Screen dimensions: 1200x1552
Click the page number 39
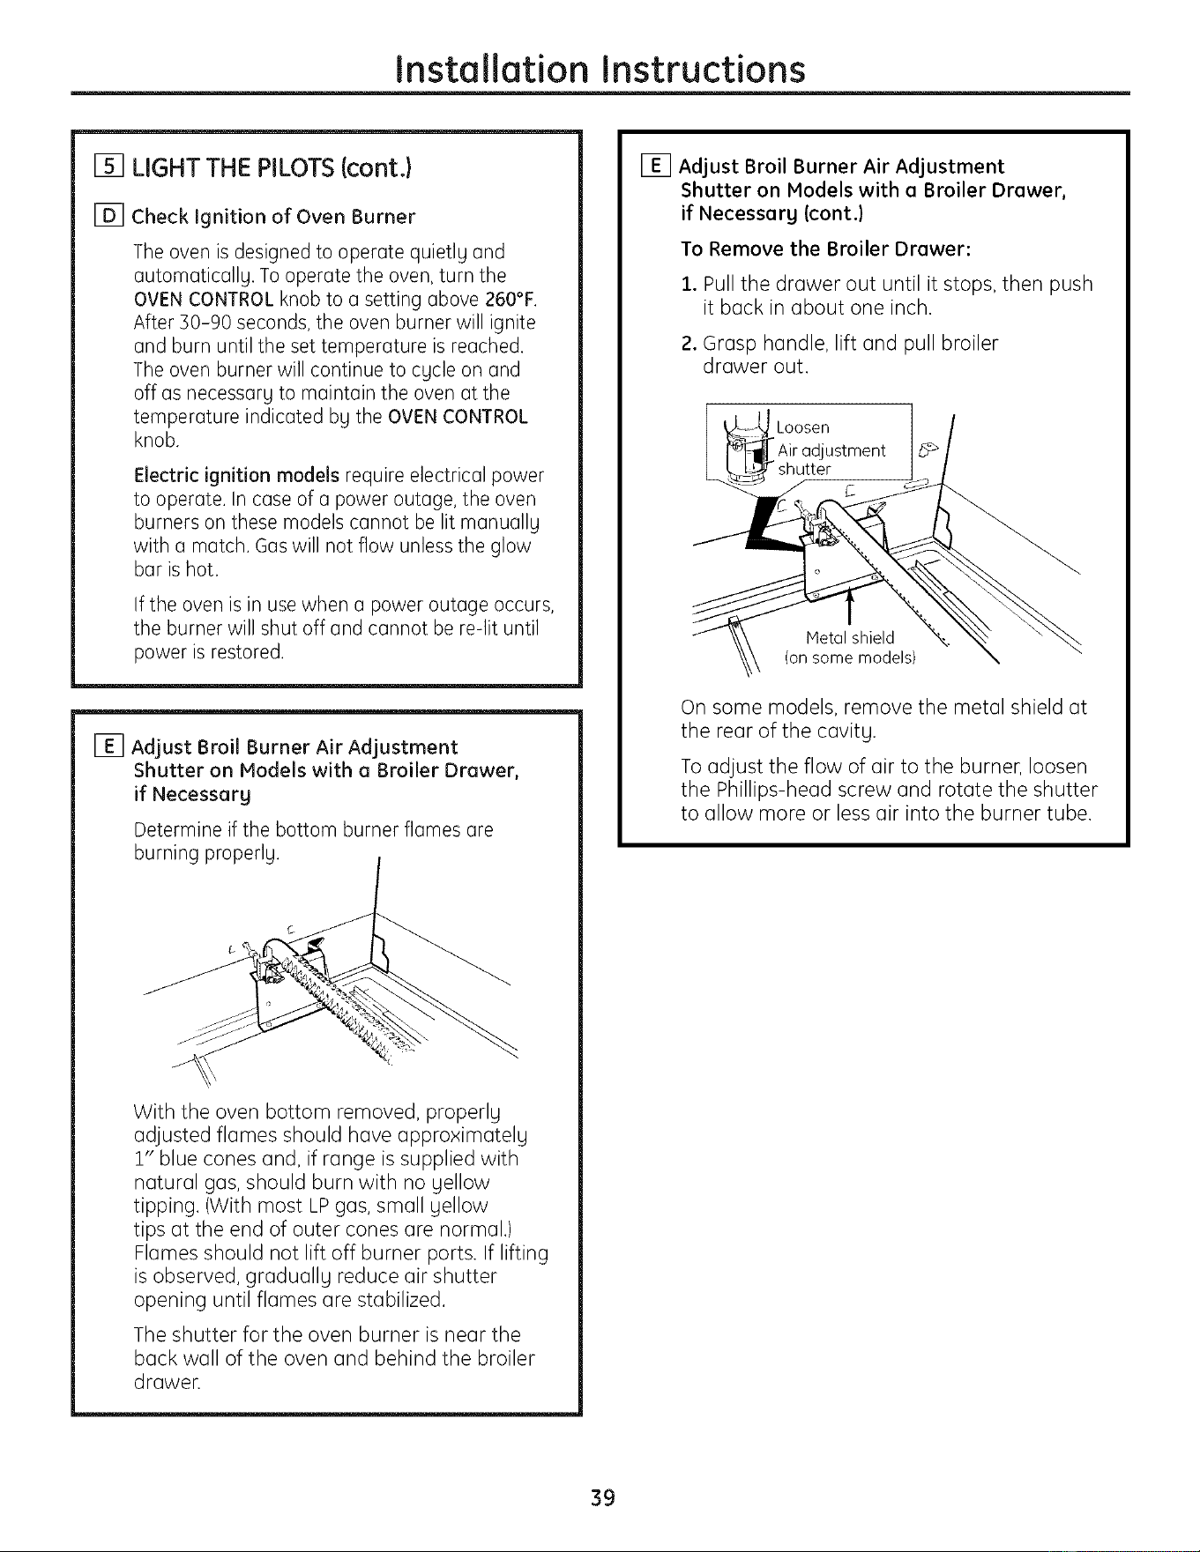click(602, 1497)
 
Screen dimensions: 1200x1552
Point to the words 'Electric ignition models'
click(236, 476)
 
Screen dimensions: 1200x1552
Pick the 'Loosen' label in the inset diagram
click(802, 427)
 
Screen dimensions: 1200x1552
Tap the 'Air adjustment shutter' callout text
click(831, 460)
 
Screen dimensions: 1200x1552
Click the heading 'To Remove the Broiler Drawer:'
click(825, 249)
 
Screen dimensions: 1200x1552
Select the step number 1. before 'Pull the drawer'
click(689, 284)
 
